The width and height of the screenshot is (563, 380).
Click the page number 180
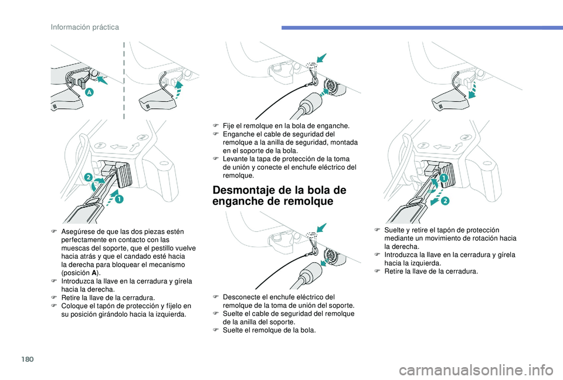pyautogui.click(x=28, y=359)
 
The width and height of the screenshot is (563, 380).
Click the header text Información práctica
pyautogui.click(x=84, y=28)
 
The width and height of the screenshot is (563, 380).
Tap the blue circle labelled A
pyautogui.click(x=89, y=93)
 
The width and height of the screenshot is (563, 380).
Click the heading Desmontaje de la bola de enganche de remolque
pyautogui.click(x=279, y=196)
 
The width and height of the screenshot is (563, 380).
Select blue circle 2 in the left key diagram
pyautogui.click(x=89, y=177)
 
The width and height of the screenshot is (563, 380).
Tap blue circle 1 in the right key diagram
pyautogui.click(x=444, y=177)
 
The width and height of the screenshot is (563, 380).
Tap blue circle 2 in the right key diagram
pyautogui.click(x=445, y=201)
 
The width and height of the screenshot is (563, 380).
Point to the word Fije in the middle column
pyautogui.click(x=228, y=126)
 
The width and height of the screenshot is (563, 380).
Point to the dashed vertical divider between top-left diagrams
pyautogui.click(x=124, y=80)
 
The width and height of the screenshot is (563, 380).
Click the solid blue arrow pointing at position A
pyautogui.click(x=103, y=80)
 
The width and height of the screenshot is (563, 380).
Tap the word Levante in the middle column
pyautogui.click(x=235, y=159)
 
